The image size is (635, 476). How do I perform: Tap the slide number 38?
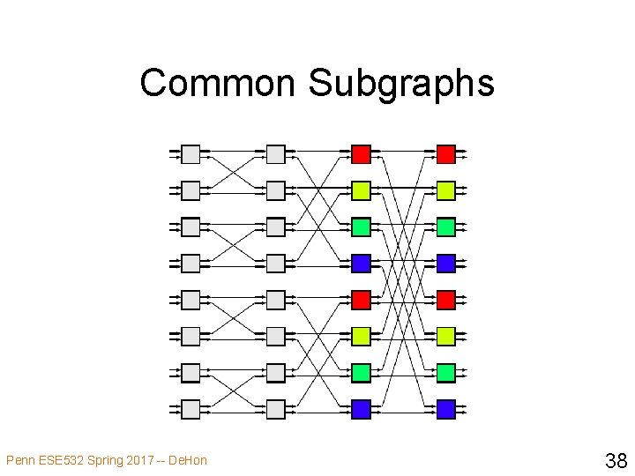pyautogui.click(x=616, y=459)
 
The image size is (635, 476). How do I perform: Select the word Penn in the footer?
pyautogui.click(x=20, y=460)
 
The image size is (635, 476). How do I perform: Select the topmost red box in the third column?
pyautogui.click(x=361, y=155)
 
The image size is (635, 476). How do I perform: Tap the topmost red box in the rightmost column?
pyautogui.click(x=446, y=155)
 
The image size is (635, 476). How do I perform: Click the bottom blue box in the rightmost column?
pyautogui.click(x=446, y=409)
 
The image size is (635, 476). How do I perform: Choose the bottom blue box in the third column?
pyautogui.click(x=361, y=409)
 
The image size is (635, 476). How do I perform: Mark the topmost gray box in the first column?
pyautogui.click(x=190, y=155)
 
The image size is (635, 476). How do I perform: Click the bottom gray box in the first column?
pyautogui.click(x=190, y=409)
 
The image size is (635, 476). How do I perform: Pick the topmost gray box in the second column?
pyautogui.click(x=276, y=155)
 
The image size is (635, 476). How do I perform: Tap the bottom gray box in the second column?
pyautogui.click(x=276, y=409)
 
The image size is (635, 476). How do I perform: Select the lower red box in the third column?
pyautogui.click(x=361, y=300)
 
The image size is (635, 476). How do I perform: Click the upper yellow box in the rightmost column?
pyautogui.click(x=446, y=190)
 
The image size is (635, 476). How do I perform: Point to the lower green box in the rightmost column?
pyautogui.click(x=446, y=373)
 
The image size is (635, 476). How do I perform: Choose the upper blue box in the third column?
pyautogui.click(x=361, y=263)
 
